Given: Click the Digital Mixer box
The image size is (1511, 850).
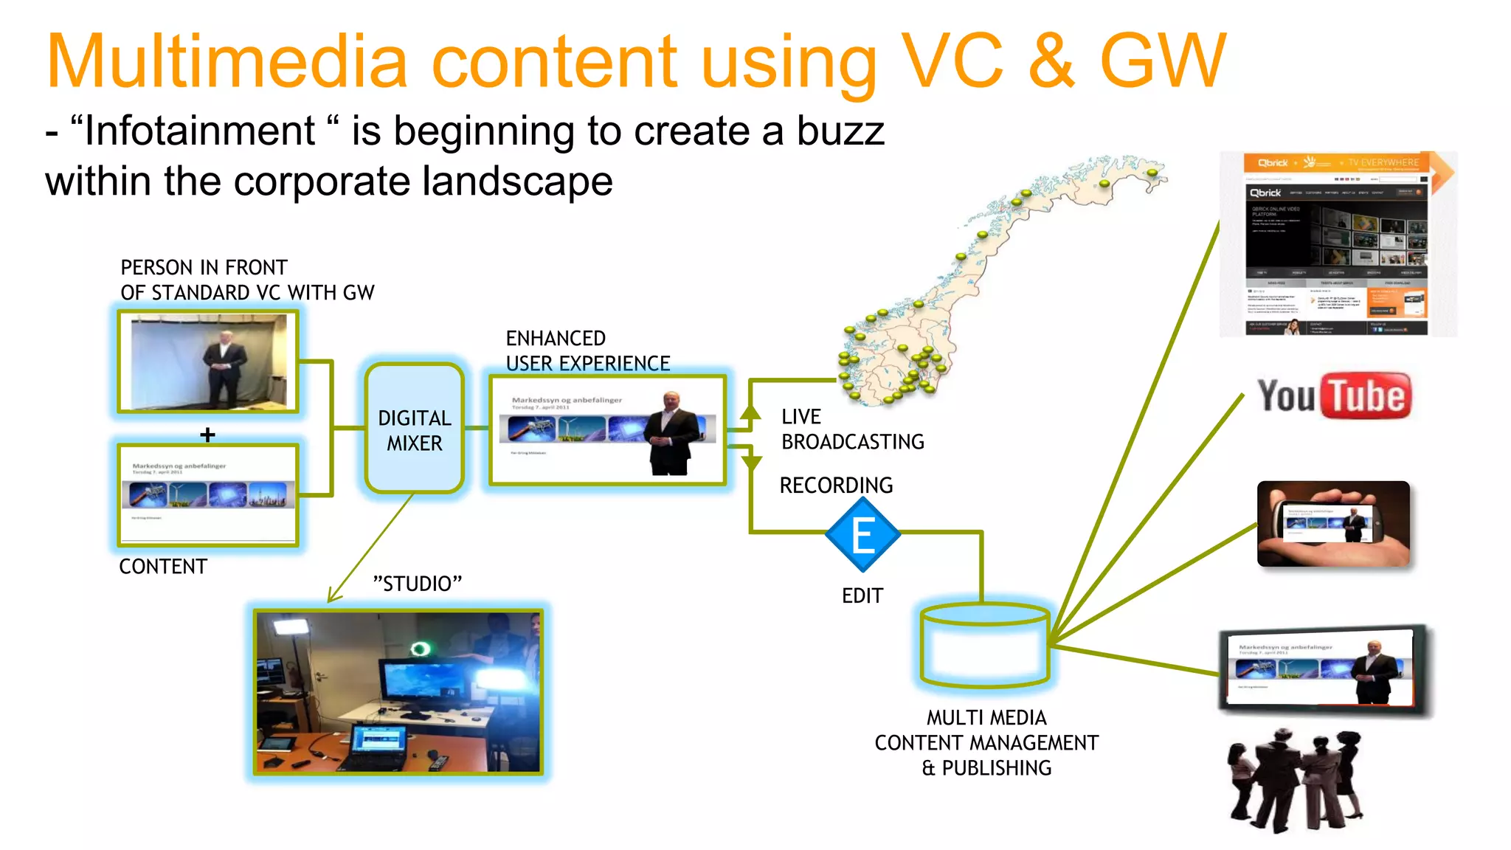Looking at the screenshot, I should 415,429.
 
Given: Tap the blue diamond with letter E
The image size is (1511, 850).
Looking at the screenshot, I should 862,535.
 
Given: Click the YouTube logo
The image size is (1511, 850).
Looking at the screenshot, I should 1334,396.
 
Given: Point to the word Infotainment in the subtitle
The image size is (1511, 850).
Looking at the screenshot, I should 200,131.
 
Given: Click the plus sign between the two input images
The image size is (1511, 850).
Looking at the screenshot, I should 207,435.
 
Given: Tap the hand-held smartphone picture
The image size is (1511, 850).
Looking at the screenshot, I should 1333,524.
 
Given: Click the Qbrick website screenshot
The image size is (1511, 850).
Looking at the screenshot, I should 1337,244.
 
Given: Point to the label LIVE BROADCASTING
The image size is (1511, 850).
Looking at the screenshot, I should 852,429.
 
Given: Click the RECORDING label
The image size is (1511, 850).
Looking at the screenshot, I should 836,486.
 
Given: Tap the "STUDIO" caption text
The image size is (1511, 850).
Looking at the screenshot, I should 418,584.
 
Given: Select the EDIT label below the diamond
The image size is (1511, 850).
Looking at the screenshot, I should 862,595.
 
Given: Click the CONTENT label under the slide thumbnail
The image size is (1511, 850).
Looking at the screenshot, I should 163,567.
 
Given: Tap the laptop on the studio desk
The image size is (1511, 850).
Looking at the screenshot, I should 377,744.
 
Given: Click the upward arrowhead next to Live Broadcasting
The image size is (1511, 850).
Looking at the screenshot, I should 750,412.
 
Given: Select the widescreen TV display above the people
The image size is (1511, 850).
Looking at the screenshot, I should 1324,668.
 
